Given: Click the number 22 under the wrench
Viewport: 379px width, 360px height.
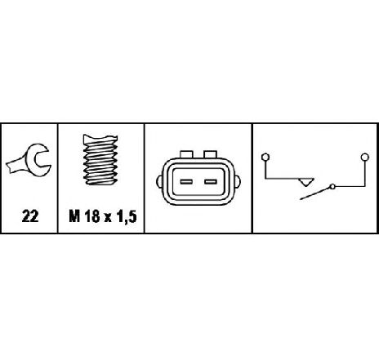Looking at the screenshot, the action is pyautogui.click(x=30, y=216).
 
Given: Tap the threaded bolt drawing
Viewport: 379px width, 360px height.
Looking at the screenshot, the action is pyautogui.click(x=100, y=160).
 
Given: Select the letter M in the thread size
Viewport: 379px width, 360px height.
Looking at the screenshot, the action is pyautogui.click(x=74, y=216).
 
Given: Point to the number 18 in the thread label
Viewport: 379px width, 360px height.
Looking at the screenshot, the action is pyautogui.click(x=92, y=216).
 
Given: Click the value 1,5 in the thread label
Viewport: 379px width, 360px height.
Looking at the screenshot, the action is pyautogui.click(x=127, y=217).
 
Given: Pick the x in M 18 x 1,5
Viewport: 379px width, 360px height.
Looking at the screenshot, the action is pyautogui.click(x=108, y=218).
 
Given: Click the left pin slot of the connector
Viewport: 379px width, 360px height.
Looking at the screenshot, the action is pyautogui.click(x=186, y=182).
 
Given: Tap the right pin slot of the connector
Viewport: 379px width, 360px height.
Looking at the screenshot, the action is pyautogui.click(x=211, y=182).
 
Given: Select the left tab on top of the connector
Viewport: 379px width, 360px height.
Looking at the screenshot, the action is pyautogui.click(x=186, y=154).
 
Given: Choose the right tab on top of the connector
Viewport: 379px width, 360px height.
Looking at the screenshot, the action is pyautogui.click(x=211, y=154).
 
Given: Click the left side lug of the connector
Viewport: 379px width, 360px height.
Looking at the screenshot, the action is pyautogui.click(x=159, y=181).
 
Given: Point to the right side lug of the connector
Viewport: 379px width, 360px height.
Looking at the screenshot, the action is pyautogui.click(x=238, y=181).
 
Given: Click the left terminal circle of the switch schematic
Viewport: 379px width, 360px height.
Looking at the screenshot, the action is pyautogui.click(x=265, y=157).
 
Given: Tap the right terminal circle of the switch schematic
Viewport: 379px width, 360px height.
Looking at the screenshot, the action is pyautogui.click(x=365, y=157).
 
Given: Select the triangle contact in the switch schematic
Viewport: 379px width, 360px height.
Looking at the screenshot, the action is pyautogui.click(x=306, y=182).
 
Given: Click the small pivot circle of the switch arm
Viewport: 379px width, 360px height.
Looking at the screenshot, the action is pyautogui.click(x=332, y=187).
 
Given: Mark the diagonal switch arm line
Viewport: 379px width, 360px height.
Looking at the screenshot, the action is pyautogui.click(x=315, y=193).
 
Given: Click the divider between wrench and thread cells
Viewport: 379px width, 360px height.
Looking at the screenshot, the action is pyautogui.click(x=58, y=179).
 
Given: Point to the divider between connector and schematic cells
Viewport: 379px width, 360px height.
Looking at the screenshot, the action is pyautogui.click(x=252, y=179).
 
